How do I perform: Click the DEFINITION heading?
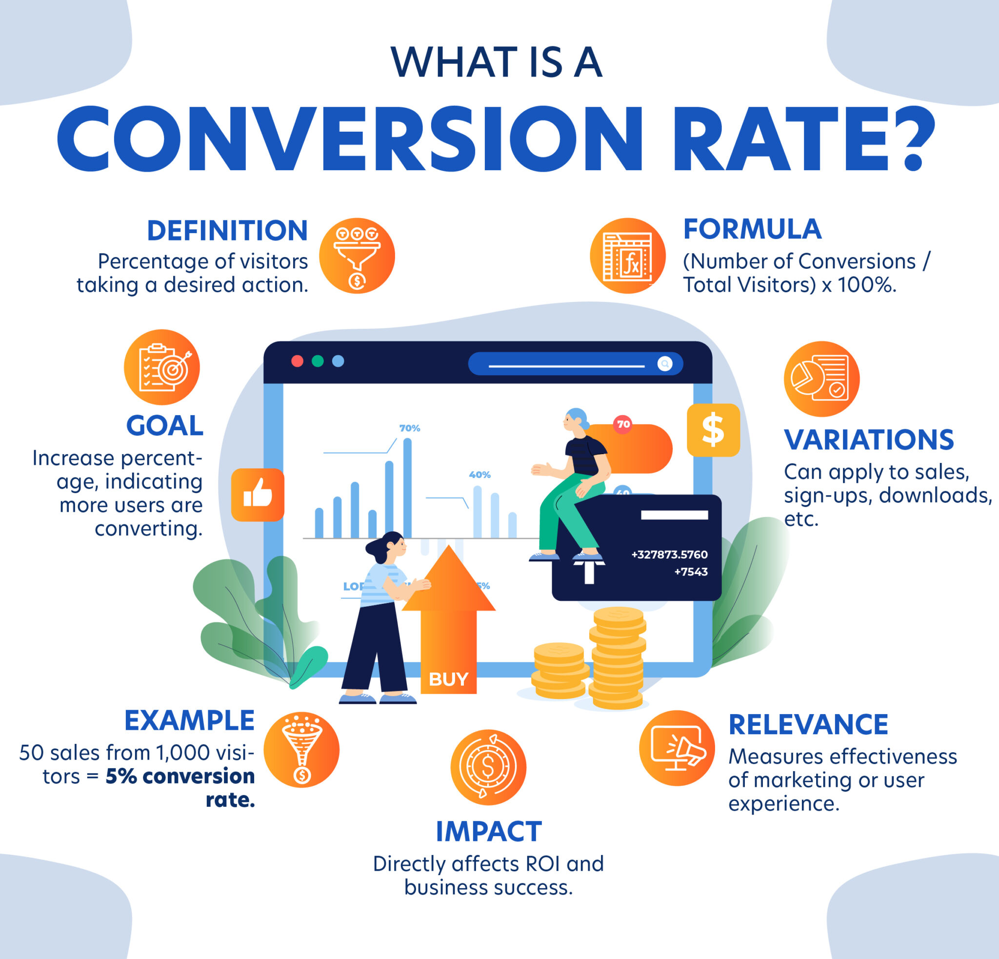click(227, 231)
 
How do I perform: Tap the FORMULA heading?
click(752, 229)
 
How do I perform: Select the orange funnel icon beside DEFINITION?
click(357, 256)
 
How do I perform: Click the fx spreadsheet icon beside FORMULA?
click(627, 256)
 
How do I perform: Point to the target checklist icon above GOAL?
click(161, 367)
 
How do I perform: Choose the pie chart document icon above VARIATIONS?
click(821, 379)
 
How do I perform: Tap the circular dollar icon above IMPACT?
click(488, 767)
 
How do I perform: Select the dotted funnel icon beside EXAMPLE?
click(301, 750)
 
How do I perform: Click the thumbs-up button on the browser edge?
click(258, 494)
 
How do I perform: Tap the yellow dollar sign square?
click(713, 430)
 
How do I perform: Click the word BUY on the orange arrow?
click(448, 679)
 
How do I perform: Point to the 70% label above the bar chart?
click(409, 428)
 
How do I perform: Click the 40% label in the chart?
click(480, 475)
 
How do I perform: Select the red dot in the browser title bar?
click(297, 361)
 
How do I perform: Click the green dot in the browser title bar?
click(318, 361)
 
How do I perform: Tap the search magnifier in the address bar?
click(665, 363)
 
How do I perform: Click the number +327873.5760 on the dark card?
click(669, 555)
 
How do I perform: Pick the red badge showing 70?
click(623, 424)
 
